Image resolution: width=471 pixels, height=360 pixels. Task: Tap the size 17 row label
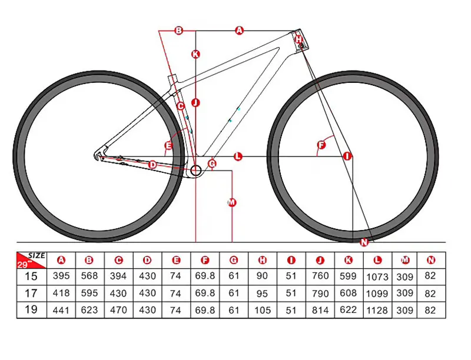(x=31, y=293)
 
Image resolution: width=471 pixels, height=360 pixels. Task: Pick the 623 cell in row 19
(x=89, y=309)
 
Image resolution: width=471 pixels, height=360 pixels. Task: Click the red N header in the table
(x=432, y=259)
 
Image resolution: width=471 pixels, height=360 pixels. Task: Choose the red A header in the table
(x=61, y=259)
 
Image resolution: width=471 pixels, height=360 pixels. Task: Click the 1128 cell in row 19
(x=377, y=310)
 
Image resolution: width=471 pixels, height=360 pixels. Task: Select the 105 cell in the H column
(x=263, y=309)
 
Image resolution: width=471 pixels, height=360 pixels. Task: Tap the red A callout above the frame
(x=239, y=30)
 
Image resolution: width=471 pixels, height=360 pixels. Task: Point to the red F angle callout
(x=321, y=145)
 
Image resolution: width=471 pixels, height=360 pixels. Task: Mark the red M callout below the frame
(x=231, y=203)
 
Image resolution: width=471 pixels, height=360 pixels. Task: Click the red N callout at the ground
(x=363, y=242)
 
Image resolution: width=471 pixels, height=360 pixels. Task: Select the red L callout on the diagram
(x=238, y=156)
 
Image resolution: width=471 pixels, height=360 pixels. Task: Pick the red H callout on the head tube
(x=299, y=39)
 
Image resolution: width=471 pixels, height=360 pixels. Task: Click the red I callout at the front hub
(x=347, y=156)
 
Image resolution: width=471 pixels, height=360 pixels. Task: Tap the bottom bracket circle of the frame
(x=195, y=171)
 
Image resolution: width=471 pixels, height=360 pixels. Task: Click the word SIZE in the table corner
(x=37, y=255)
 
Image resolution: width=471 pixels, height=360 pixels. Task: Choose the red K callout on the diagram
(x=196, y=54)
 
